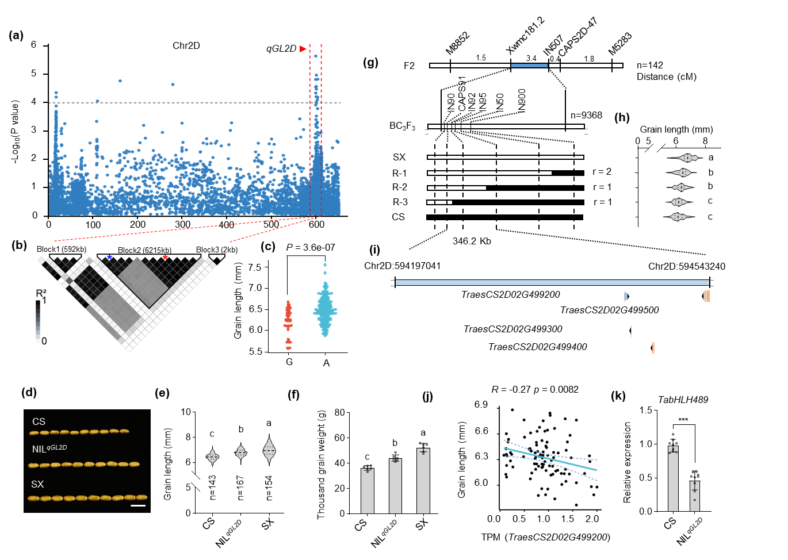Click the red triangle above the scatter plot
303,49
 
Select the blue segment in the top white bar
529,66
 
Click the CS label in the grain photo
39,422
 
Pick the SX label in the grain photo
37,485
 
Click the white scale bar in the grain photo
138,506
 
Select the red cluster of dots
288,322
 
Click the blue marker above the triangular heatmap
109,258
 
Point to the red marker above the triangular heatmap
165,258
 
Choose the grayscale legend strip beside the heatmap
38,322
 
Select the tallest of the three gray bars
423,481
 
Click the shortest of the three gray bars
368,491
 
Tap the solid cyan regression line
550,459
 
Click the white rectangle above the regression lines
587,409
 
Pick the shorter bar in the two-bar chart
695,496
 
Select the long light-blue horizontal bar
552,283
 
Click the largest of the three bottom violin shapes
269,450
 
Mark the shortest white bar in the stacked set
439,202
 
